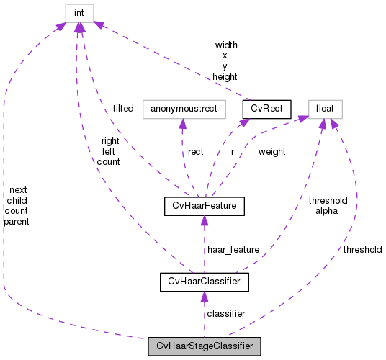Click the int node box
pos(79,12)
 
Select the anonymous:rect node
pos(184,109)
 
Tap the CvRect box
pos(266,109)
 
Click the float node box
pos(325,109)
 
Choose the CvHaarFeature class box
pos(205,207)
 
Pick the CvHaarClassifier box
pos(204,281)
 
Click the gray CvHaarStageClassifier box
pos(204,346)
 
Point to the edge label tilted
pos(122,108)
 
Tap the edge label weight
pos(271,152)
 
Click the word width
pos(225,45)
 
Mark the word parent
pos(17,222)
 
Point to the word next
pos(18,189)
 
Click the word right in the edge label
pos(110,140)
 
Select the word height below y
pos(225,76)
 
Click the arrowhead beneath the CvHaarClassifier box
pos(204,297)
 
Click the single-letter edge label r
pos(233,152)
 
